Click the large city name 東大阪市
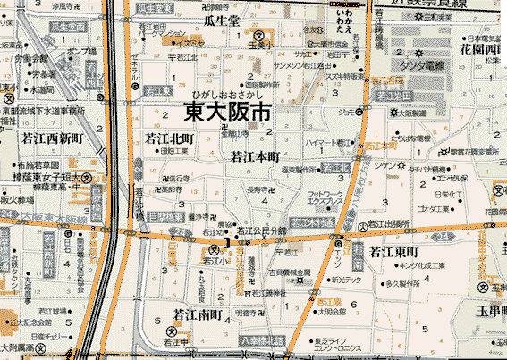pos(227,112)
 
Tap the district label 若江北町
pos(169,138)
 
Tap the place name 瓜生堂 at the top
pos(221,19)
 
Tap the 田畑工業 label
pos(175,152)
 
